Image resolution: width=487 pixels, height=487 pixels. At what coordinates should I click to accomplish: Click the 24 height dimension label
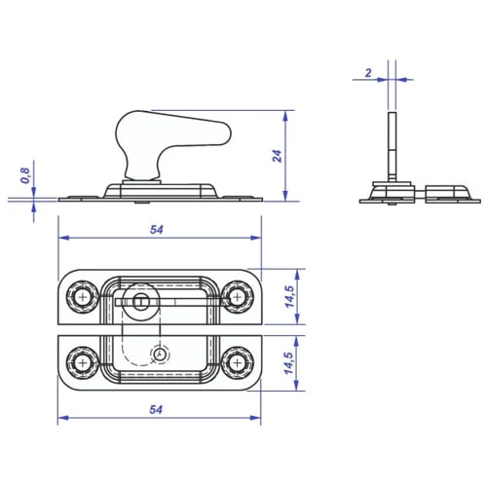tap(277, 156)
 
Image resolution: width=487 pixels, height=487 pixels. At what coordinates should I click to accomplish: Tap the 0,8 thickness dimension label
tap(25, 175)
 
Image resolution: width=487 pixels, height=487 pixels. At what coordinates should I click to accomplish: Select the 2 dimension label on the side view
tap(368, 73)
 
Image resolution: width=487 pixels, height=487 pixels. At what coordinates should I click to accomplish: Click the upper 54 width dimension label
tap(157, 230)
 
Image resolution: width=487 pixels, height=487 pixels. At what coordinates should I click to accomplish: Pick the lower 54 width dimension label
tap(156, 410)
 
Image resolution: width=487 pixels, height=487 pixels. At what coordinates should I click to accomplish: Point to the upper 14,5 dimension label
tap(289, 296)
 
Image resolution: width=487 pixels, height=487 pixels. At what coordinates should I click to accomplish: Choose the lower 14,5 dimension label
tap(289, 363)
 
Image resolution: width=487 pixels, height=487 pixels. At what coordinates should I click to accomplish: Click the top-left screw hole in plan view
tap(83, 297)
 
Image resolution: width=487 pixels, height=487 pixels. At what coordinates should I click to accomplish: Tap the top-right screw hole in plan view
tap(238, 297)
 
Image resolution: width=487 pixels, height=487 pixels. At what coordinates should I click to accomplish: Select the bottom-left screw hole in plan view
tap(83, 362)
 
